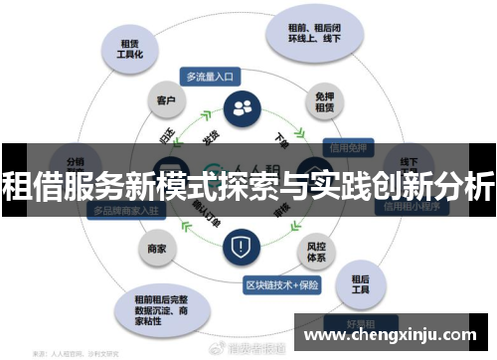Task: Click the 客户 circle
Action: (x=165, y=100)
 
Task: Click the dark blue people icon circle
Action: (x=241, y=108)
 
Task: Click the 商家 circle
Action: (x=156, y=248)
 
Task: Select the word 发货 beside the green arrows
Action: (x=211, y=135)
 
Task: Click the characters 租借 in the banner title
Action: (x=29, y=185)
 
